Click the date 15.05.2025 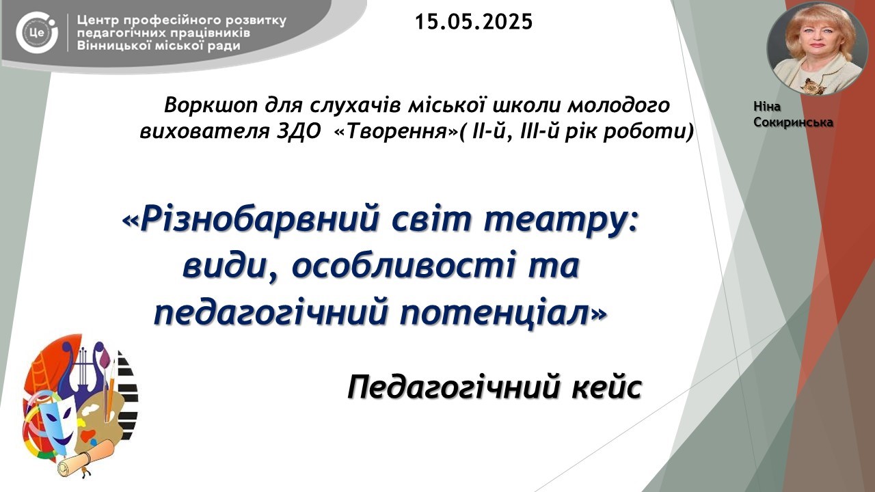(x=474, y=22)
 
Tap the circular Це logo (x=37, y=32)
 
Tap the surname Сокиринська (x=793, y=122)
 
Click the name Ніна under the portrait (x=767, y=107)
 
